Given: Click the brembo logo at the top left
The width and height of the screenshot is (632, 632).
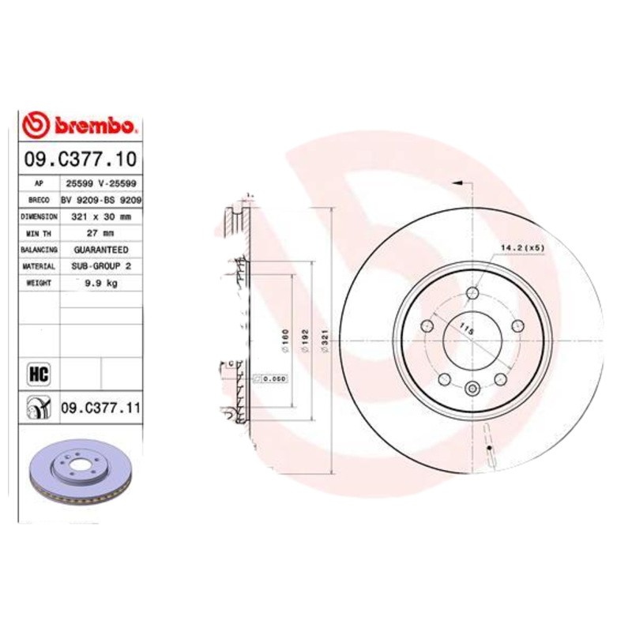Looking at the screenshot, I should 81,125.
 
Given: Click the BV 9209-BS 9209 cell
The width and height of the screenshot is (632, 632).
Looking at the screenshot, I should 101,201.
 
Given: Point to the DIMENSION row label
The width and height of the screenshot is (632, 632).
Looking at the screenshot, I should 39,216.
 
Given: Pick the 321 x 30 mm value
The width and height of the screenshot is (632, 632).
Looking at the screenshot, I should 101,216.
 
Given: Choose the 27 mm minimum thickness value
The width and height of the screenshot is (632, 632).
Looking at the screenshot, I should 101,233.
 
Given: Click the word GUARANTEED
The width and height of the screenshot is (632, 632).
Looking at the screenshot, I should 101,250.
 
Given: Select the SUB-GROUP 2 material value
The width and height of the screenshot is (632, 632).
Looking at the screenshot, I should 101,266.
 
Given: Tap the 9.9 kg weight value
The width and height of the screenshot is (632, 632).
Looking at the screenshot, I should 101,283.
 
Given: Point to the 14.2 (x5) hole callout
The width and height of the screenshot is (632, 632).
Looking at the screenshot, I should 523,247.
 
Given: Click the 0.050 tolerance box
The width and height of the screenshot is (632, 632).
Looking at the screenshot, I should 273,378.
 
